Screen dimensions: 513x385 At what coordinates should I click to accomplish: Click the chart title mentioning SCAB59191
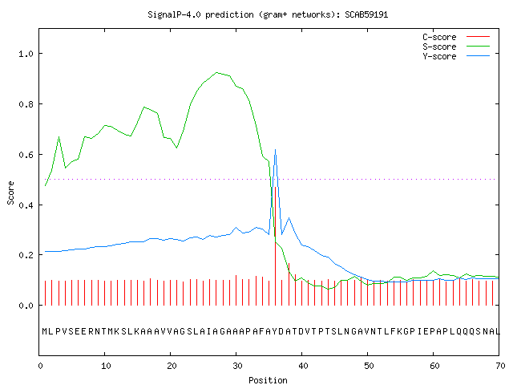[268, 14]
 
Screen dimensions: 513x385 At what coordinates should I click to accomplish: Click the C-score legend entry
[456, 37]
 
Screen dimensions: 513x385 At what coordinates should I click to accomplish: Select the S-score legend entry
[456, 47]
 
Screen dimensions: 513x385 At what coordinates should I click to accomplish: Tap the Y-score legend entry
[456, 56]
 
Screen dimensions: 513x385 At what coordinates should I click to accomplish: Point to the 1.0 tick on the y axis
[26, 54]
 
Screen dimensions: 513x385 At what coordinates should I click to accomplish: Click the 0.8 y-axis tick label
[26, 104]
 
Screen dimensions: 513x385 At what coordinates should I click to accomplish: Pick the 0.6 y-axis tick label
[26, 155]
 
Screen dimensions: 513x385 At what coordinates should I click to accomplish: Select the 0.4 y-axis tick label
[26, 205]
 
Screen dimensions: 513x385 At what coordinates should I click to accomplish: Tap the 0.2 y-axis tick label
[26, 255]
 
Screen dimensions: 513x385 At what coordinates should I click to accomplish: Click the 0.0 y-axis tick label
[26, 306]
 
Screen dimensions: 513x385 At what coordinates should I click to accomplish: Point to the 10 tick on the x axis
[106, 366]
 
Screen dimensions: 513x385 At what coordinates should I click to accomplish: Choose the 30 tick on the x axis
[237, 366]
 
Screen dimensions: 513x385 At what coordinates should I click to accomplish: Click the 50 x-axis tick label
[369, 366]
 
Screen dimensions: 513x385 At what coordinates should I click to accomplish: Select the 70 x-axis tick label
[500, 366]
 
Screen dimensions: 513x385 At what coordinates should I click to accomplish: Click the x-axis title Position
[268, 380]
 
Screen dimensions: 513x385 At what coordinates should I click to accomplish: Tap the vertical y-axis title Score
[10, 192]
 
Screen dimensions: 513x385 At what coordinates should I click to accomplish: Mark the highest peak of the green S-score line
[216, 72]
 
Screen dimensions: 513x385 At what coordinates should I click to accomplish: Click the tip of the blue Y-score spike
[275, 150]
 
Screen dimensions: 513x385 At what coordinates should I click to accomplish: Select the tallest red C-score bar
[275, 246]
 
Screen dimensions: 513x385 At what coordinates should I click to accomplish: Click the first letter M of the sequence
[45, 331]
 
